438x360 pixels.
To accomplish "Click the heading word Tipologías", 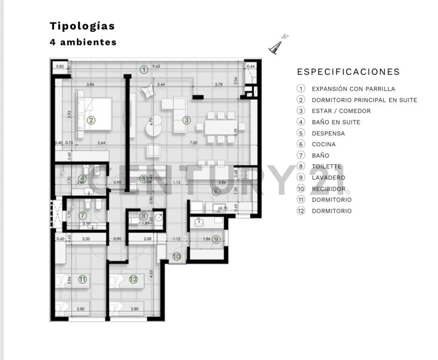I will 82,26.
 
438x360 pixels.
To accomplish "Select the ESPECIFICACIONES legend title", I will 348,72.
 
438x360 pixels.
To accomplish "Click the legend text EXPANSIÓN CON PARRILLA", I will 353,89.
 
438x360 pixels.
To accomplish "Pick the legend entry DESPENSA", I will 328,133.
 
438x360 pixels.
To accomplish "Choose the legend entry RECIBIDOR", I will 328,189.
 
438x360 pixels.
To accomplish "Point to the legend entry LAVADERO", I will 328,178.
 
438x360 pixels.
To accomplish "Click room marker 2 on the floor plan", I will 91,120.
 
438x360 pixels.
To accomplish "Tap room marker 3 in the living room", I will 186,120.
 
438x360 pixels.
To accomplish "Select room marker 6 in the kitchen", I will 216,191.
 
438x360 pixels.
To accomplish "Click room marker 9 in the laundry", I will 216,239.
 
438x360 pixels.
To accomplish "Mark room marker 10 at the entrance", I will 176,257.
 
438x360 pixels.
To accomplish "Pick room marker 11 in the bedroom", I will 82,279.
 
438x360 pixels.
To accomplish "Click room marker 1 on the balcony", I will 144,69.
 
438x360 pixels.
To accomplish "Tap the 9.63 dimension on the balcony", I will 156,67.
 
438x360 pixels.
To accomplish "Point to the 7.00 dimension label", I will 193,143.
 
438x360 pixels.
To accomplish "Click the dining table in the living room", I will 221,127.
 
